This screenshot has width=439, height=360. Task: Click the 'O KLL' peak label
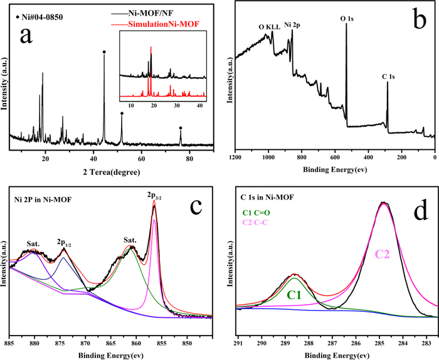tap(270, 27)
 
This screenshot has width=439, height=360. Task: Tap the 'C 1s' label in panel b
tap(388, 77)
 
